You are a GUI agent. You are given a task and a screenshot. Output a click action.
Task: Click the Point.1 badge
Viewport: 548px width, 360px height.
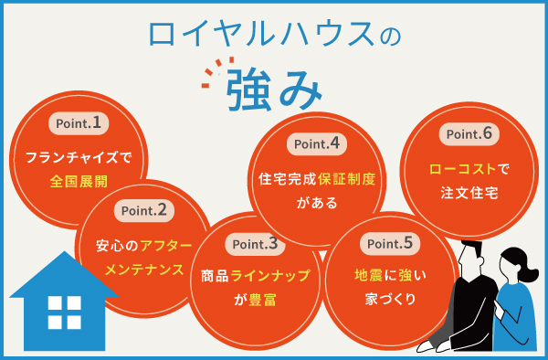click(x=78, y=122)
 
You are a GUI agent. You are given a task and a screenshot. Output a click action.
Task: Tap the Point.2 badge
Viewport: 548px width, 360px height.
click(x=144, y=210)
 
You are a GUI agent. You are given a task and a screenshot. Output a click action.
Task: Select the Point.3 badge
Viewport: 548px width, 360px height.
click(x=255, y=244)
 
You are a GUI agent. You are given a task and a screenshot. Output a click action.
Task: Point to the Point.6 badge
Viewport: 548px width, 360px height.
click(x=466, y=134)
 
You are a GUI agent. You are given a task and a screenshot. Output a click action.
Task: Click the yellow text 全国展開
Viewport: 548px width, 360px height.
click(x=78, y=181)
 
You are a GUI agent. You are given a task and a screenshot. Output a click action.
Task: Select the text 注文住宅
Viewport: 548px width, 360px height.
click(x=467, y=194)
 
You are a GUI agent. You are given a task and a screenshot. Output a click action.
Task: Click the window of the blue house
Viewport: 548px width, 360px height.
click(x=65, y=313)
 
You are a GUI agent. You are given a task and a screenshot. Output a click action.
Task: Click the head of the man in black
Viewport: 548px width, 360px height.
click(x=474, y=259)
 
